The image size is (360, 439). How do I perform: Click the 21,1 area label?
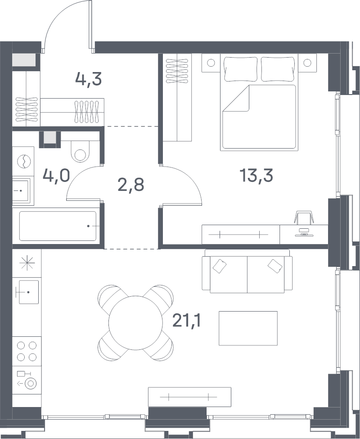pos(187,321)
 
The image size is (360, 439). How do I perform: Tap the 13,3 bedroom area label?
pos(256,176)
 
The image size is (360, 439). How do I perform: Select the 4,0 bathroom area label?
pos(56,176)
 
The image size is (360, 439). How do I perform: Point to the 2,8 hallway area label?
pos(131,185)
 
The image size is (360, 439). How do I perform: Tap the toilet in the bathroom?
pos(80,151)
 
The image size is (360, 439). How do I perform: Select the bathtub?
pos(58,226)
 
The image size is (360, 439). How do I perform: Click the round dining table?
pos(135,322)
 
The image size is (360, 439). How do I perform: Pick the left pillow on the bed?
pos(241,69)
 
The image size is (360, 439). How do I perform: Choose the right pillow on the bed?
pos(278,69)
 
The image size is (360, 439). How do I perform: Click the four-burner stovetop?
pos(27,351)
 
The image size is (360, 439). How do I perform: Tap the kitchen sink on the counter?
pos(28,292)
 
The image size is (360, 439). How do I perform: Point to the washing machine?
pos(23,161)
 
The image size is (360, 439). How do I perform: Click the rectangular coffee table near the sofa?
pos(248,328)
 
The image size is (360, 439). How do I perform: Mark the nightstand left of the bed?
pos(211,63)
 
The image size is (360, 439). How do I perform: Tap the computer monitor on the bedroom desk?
pos(303,232)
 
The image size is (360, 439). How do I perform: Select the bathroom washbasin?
pos(20,190)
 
